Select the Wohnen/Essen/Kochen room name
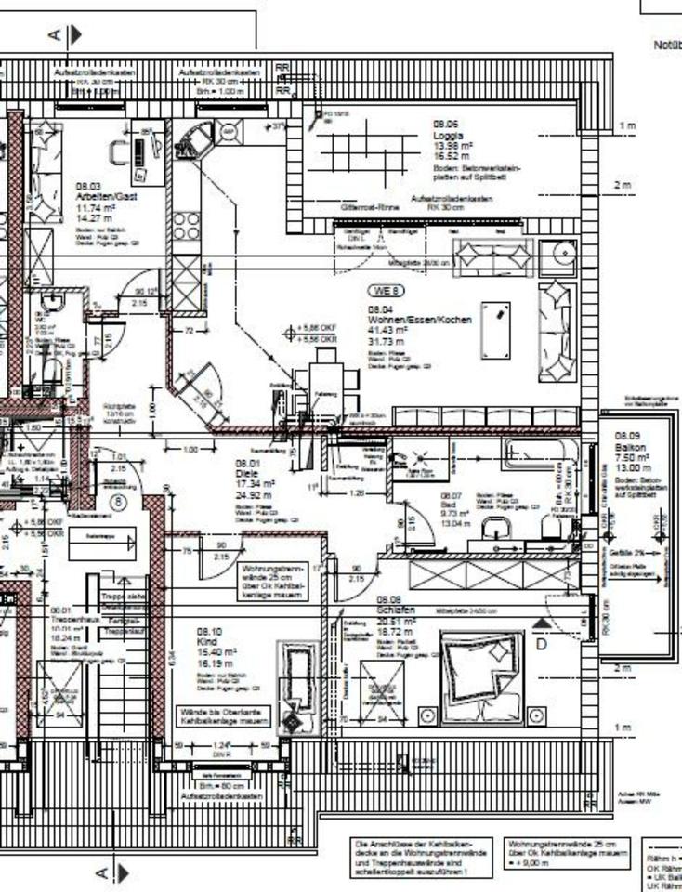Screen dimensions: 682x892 click(x=419, y=320)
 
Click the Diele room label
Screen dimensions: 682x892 click(x=246, y=473)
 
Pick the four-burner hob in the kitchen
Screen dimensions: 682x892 click(x=186, y=227)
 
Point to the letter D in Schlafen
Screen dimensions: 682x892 click(x=542, y=641)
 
